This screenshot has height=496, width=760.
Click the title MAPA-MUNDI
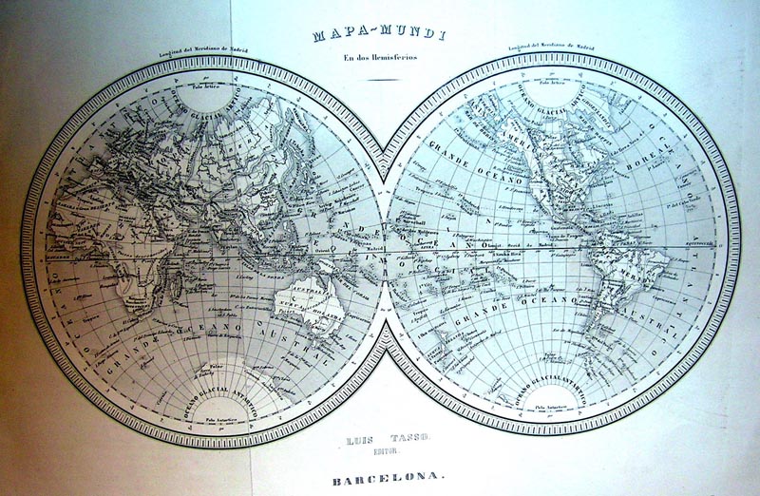click(x=380, y=39)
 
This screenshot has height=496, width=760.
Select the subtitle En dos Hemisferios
click(x=380, y=63)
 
